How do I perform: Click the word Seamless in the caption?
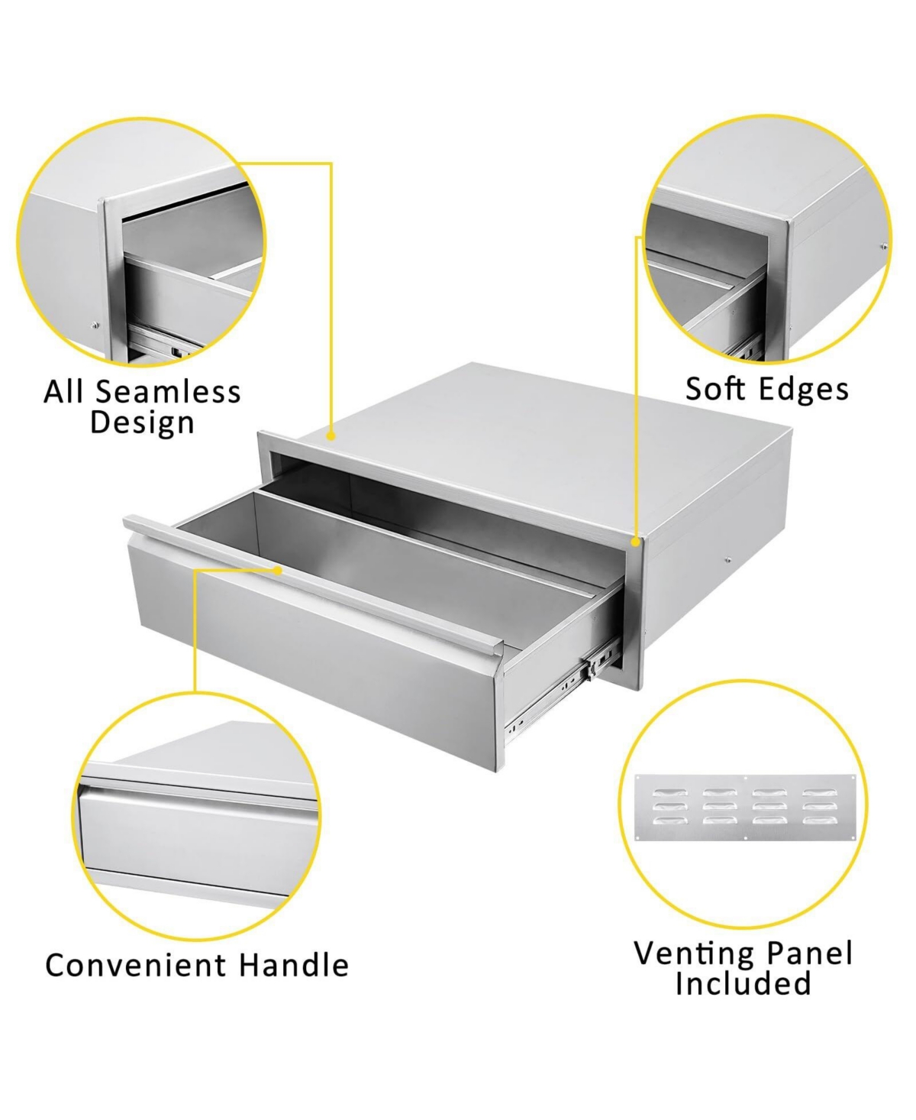[168, 392]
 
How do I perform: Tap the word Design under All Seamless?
[142, 422]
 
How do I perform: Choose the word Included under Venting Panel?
[743, 983]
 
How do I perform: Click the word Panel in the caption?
[809, 953]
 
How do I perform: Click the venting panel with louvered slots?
[746, 808]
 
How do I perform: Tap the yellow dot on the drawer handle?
[279, 569]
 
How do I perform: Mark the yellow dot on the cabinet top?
[331, 435]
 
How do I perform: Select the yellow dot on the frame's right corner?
[635, 541]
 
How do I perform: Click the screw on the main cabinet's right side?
[727, 561]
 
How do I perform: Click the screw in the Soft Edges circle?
[883, 247]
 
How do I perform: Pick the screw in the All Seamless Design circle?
[95, 325]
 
